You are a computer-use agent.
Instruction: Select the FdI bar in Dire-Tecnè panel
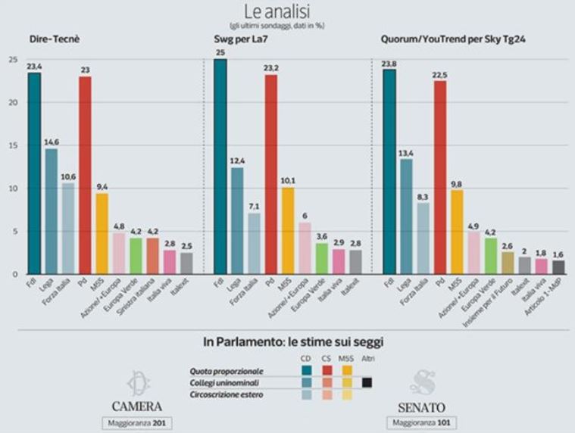(x=34, y=173)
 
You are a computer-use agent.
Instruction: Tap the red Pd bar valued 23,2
(x=270, y=174)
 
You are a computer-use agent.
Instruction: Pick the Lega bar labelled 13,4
(x=406, y=216)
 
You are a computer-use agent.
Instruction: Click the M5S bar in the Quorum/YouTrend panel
(x=457, y=231)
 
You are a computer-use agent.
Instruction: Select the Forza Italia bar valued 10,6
(x=67, y=228)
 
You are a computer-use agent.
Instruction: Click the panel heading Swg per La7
(x=238, y=39)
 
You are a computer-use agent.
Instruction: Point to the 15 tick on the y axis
(x=11, y=145)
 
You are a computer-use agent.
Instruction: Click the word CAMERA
(x=137, y=406)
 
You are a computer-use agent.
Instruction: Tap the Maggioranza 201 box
(x=137, y=422)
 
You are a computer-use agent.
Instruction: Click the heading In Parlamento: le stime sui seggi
(x=286, y=341)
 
